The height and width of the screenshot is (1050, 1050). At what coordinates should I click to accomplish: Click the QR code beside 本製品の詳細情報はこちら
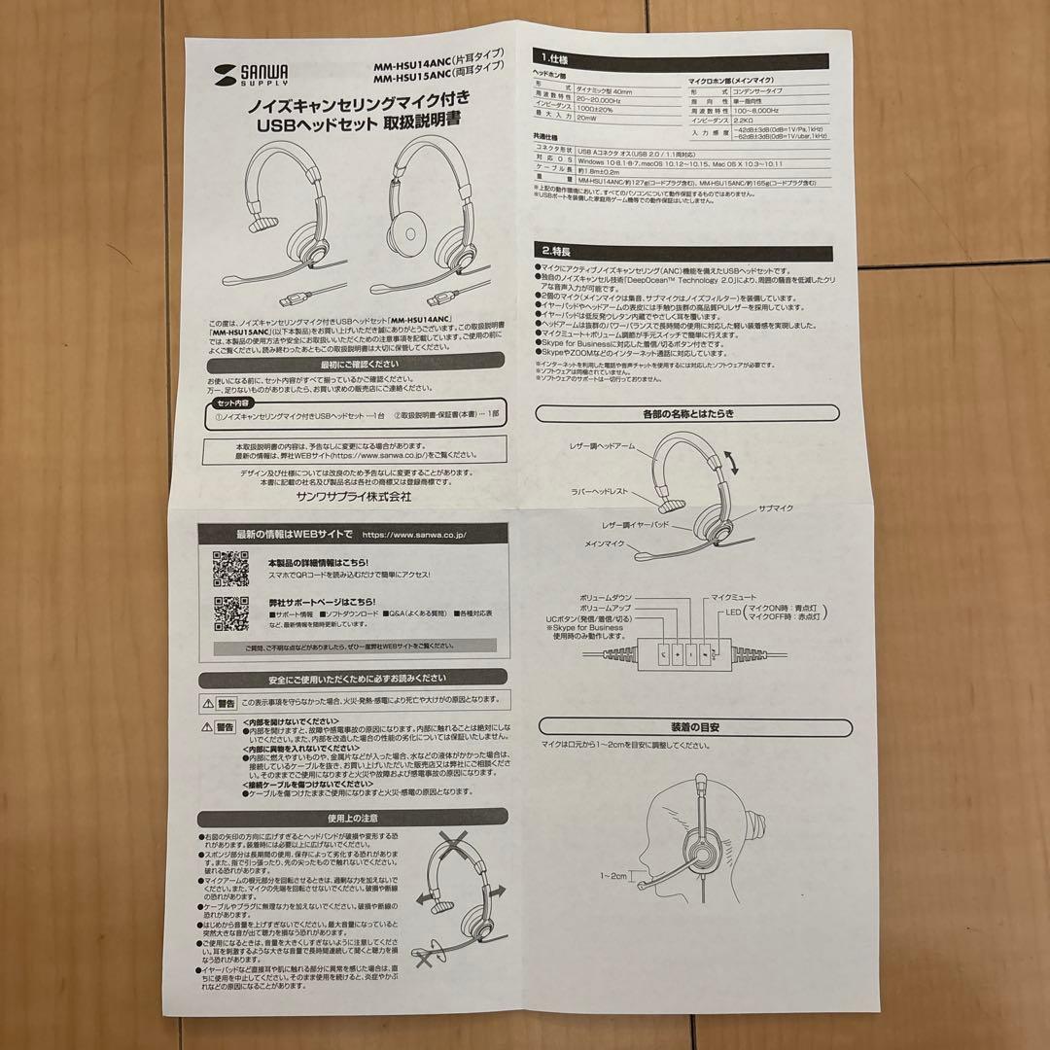[x=231, y=570]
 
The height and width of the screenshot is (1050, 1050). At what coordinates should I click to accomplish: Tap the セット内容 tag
[x=232, y=402]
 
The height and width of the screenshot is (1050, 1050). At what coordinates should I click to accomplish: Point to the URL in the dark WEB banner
[x=414, y=534]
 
